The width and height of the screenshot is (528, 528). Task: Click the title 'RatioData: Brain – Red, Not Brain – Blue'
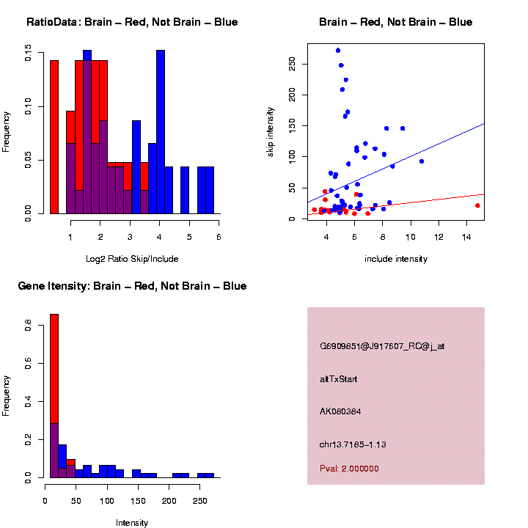132,23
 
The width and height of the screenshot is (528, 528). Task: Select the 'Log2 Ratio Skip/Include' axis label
132,259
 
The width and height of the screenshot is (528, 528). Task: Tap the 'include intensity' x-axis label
396,259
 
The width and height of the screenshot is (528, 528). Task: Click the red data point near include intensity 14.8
477,205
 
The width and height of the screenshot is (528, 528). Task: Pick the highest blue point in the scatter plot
338,51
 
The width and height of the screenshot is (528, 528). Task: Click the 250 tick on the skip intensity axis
292,64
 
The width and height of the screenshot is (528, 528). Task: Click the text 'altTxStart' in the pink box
339,379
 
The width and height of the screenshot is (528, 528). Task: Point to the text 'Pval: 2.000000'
349,469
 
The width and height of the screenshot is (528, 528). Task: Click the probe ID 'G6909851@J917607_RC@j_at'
382,346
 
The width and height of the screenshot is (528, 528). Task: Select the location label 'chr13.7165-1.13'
353,444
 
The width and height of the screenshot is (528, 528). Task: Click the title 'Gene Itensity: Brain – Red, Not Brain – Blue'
132,286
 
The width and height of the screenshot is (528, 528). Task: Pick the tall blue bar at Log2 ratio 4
161,132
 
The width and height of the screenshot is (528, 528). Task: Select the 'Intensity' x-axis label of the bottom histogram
132,523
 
